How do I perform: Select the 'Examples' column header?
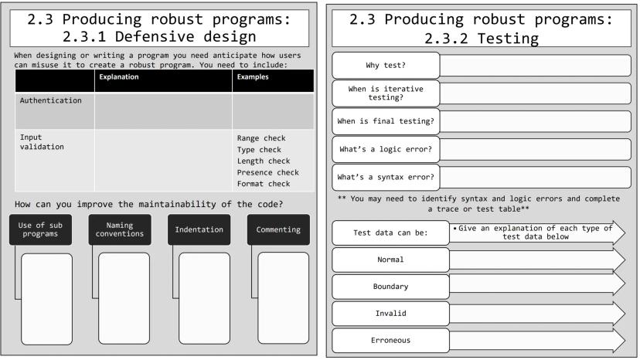click(253, 77)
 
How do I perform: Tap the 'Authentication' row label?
click(50, 100)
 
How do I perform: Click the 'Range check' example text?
click(261, 138)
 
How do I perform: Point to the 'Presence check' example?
click(267, 172)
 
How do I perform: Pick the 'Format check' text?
click(264, 184)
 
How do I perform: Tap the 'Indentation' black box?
click(199, 229)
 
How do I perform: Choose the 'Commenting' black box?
click(278, 229)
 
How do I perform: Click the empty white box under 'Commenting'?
click(283, 297)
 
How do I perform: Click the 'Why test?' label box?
click(386, 65)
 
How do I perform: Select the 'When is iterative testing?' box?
click(386, 93)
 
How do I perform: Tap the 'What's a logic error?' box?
click(386, 148)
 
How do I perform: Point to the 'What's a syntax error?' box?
click(386, 177)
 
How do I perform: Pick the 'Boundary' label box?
click(390, 286)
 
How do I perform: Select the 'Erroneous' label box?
click(390, 340)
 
